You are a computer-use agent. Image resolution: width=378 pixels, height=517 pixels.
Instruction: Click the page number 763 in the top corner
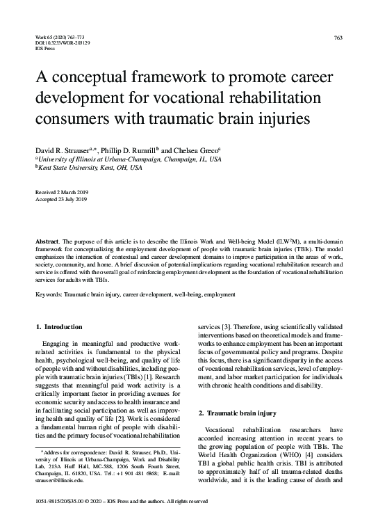coord(338,37)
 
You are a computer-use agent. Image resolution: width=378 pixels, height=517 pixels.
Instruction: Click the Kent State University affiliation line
coord(89,168)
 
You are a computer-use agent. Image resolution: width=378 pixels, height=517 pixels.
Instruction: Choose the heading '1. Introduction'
coord(59,326)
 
